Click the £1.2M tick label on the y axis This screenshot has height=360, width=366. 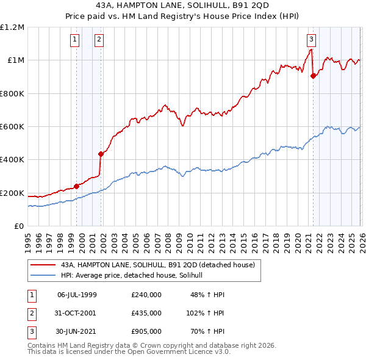[12, 27]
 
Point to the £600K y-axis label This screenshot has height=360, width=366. [12, 127]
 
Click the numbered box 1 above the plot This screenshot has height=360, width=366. [74, 40]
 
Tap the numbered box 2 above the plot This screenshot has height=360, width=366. [99, 40]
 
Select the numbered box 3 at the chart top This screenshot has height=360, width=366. [311, 40]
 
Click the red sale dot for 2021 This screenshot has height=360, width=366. [313, 76]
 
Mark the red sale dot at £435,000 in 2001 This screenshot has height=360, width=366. [101, 154]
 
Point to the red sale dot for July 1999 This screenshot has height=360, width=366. [76, 186]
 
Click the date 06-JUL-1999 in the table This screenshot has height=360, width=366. [77, 295]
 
